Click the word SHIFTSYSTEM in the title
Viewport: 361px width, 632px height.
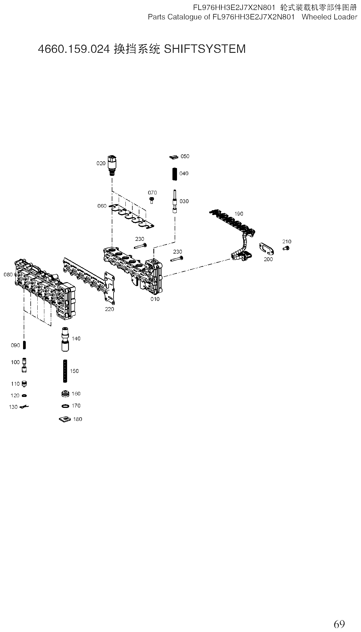[205, 49]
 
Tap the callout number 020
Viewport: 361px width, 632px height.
[101, 163]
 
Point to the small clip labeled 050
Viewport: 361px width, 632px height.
[174, 157]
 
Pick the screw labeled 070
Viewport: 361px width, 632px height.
[152, 200]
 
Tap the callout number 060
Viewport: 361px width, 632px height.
[102, 206]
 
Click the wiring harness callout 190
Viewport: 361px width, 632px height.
[239, 214]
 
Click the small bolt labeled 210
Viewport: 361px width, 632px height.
[286, 248]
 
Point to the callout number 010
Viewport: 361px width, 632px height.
[155, 299]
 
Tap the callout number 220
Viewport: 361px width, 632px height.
[109, 309]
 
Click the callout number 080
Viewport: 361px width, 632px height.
[8, 275]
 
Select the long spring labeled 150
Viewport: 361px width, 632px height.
[65, 371]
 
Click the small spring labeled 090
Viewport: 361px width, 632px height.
[25, 345]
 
